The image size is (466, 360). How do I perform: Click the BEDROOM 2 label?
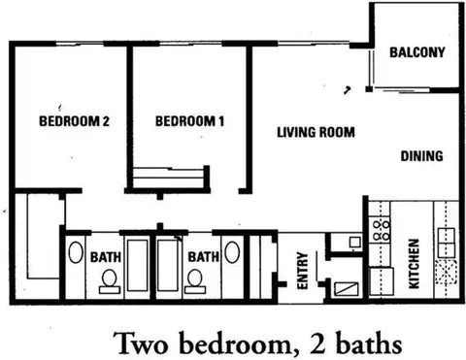tap(74, 121)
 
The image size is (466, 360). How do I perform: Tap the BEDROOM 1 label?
tap(189, 121)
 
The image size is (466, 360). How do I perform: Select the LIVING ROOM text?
tap(316, 132)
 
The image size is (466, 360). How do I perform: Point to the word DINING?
tap(421, 156)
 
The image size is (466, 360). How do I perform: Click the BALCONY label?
tap(417, 52)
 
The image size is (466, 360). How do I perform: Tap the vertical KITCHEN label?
tap(415, 264)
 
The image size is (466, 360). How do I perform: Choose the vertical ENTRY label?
tap(302, 271)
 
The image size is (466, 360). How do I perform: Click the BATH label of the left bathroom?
tap(106, 257)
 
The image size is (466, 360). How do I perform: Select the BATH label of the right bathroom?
tap(204, 257)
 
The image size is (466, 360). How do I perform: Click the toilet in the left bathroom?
tap(110, 281)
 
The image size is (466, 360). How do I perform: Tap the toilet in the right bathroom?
tap(194, 281)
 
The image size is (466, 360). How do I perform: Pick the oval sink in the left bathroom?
tap(76, 252)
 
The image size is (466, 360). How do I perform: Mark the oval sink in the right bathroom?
tap(232, 252)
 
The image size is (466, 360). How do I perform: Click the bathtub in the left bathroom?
tap(138, 265)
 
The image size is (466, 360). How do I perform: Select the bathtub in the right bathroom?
tap(168, 265)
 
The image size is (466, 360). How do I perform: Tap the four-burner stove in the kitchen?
tap(380, 230)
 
